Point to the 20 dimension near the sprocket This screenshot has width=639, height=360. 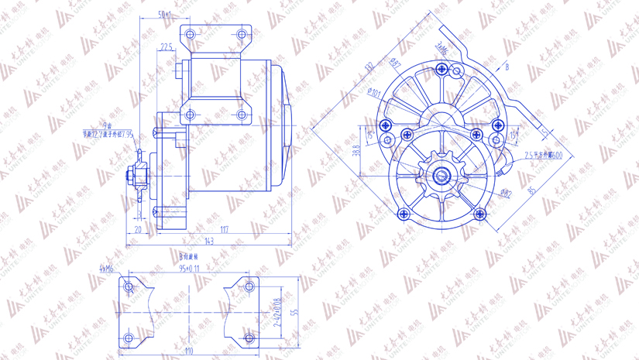(x=139, y=229)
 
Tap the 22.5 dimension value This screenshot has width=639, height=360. (x=167, y=47)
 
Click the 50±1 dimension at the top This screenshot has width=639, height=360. (x=165, y=14)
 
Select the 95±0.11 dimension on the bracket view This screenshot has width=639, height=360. (x=189, y=269)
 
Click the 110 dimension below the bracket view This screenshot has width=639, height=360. (x=189, y=352)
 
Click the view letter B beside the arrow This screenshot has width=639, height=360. (x=507, y=67)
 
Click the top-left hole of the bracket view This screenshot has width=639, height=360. (x=129, y=287)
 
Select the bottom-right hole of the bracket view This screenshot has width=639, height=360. (x=249, y=338)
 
